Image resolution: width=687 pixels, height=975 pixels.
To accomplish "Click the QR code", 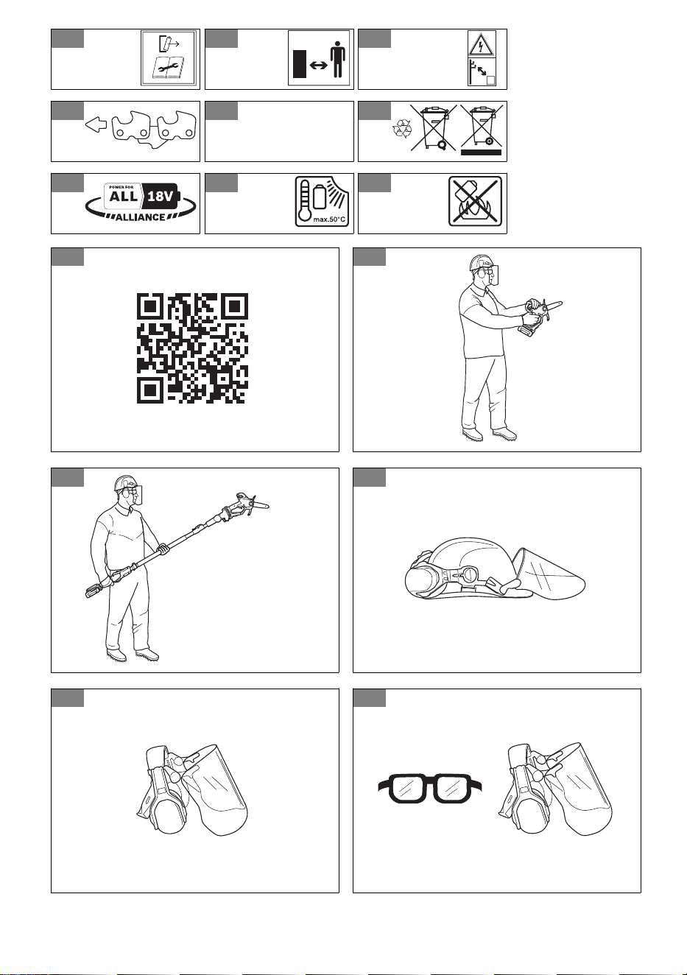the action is click(192, 348).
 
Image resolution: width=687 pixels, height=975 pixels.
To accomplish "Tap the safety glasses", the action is click(430, 787).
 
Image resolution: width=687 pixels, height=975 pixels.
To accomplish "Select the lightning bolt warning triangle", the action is click(482, 44).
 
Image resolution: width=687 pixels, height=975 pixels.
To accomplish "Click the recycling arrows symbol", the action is click(402, 130).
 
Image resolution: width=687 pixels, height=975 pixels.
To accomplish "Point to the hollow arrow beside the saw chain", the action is click(96, 125).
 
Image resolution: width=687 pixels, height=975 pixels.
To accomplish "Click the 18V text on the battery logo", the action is click(159, 197).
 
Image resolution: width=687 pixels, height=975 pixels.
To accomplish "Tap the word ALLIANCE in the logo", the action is click(140, 217).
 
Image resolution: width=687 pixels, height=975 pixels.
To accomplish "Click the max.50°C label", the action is click(329, 219).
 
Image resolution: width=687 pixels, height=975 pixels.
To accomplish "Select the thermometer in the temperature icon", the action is click(304, 200).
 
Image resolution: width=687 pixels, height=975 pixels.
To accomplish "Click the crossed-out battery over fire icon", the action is click(476, 200).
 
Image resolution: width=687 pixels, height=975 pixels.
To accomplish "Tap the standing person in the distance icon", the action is click(337, 59).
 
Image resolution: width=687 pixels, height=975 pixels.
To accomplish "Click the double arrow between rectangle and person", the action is click(318, 66).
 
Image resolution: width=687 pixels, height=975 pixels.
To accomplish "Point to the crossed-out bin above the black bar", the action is click(481, 125).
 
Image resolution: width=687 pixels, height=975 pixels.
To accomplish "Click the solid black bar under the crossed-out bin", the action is click(481, 152).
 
